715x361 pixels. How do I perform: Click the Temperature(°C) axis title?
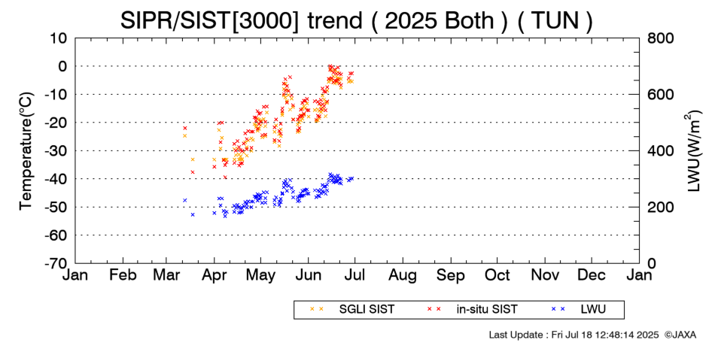[x=26, y=150]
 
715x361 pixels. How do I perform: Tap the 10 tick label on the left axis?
[x=59, y=38]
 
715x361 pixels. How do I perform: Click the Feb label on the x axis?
[x=123, y=276]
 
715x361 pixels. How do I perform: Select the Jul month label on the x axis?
[x=354, y=276]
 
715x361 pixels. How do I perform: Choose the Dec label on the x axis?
[x=592, y=276]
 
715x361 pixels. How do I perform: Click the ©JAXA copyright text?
[x=680, y=335]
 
